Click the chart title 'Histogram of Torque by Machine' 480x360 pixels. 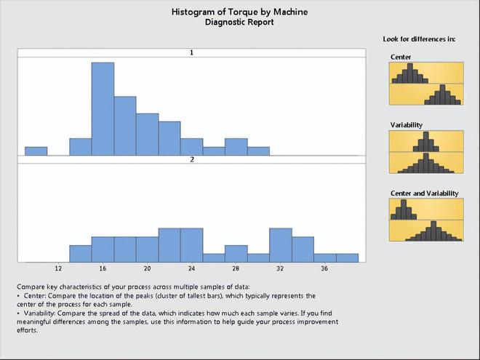click(240, 12)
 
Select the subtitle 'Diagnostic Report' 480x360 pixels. click(239, 23)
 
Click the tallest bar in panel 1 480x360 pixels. click(103, 109)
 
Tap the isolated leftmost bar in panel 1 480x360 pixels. click(36, 151)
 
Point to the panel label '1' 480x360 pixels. click(191, 52)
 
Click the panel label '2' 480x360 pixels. click(192, 159)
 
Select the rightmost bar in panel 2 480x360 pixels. click(347, 257)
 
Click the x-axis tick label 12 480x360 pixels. click(58, 268)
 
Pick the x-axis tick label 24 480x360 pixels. click(191, 268)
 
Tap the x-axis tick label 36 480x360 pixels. click(324, 268)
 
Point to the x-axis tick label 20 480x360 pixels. click(147, 268)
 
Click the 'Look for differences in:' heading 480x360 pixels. click(419, 39)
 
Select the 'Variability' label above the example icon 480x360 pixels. click(407, 125)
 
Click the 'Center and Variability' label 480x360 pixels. click(424, 193)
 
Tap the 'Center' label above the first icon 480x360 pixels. click(401, 57)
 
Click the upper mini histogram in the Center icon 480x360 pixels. click(410, 75)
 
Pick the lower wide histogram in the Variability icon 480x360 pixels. click(426, 164)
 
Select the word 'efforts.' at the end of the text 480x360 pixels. click(27, 330)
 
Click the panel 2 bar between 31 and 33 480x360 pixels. click(281, 245)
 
